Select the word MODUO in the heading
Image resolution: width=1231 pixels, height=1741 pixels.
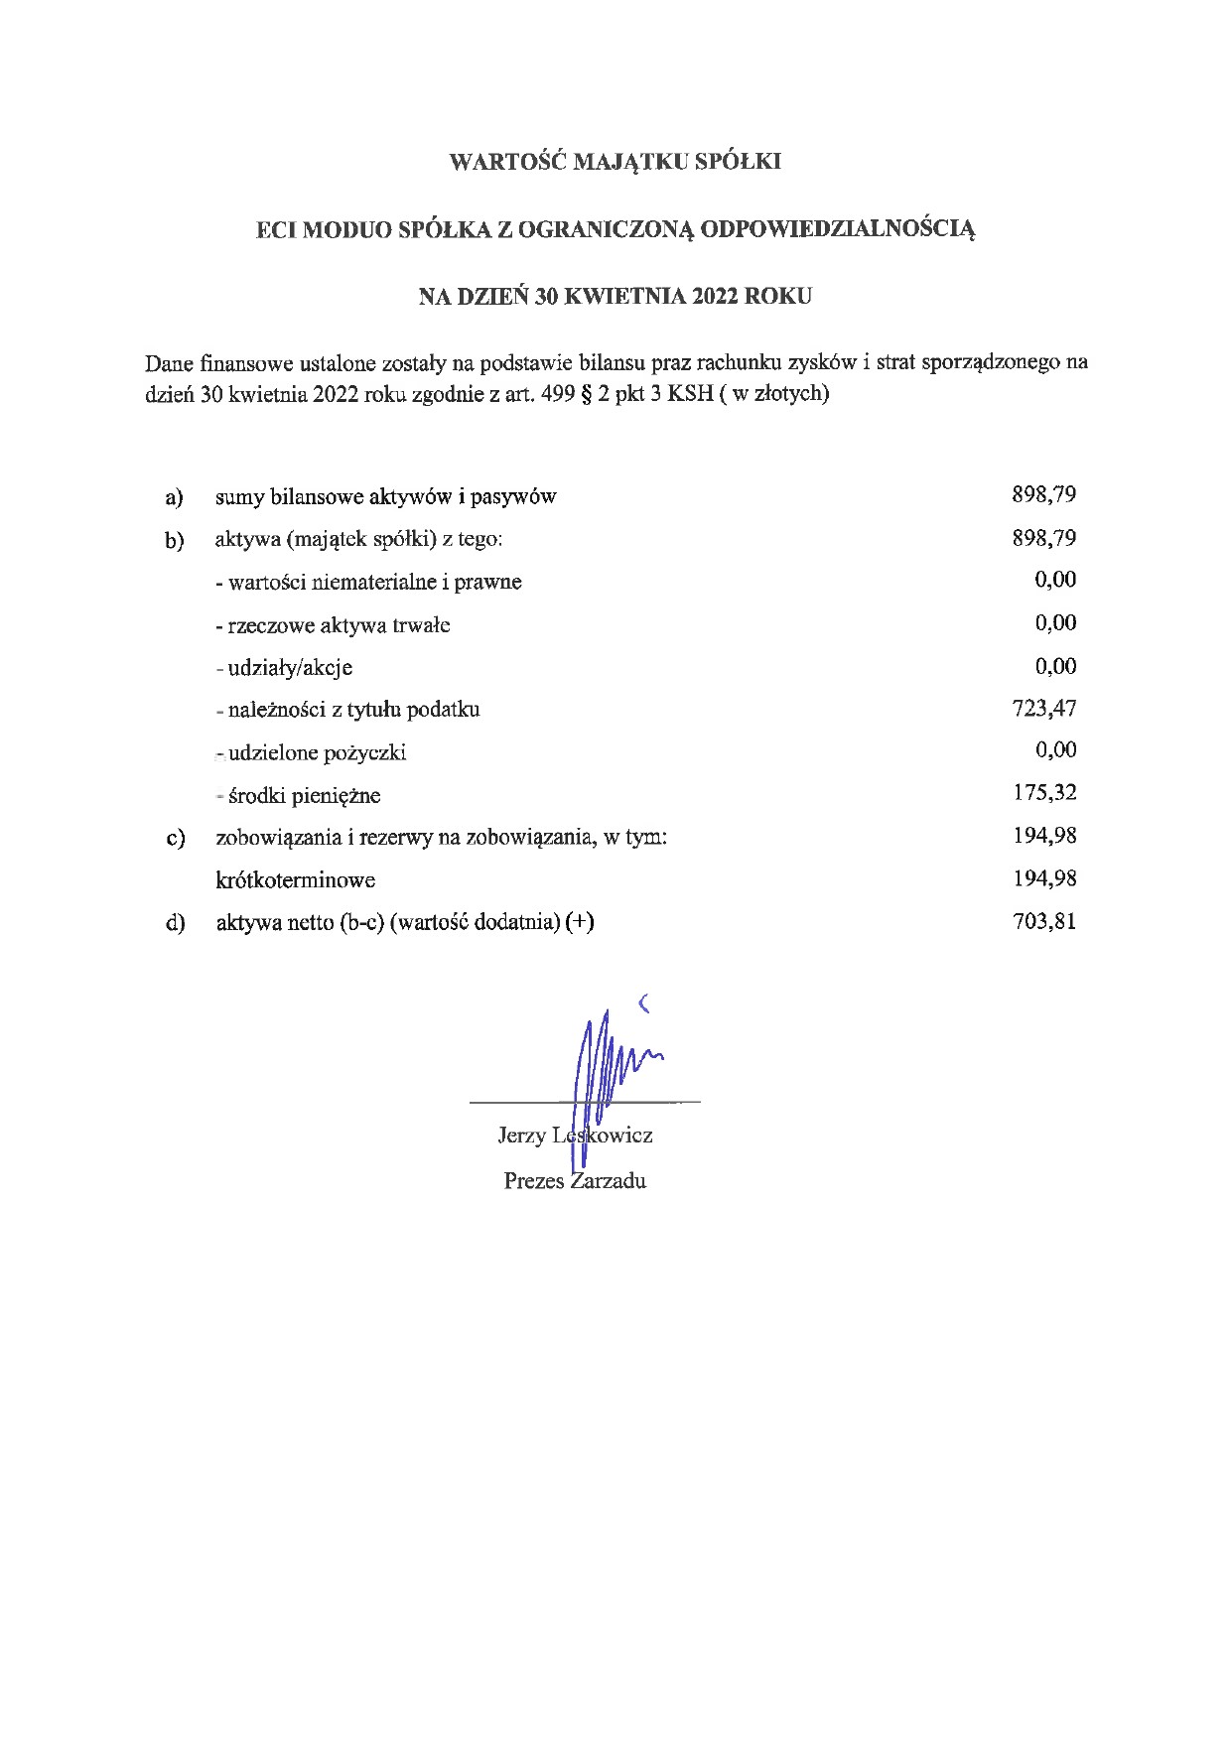click(x=345, y=230)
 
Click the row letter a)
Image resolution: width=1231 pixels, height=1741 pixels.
click(x=175, y=496)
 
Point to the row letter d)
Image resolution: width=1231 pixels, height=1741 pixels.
click(x=176, y=923)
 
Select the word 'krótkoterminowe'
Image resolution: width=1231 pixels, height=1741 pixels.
click(x=295, y=880)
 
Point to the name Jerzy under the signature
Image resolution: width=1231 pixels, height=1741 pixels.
click(x=521, y=1136)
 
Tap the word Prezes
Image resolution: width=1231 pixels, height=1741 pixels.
click(x=534, y=1181)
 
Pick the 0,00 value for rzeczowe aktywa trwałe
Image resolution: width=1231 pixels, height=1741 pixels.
click(x=1055, y=623)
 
